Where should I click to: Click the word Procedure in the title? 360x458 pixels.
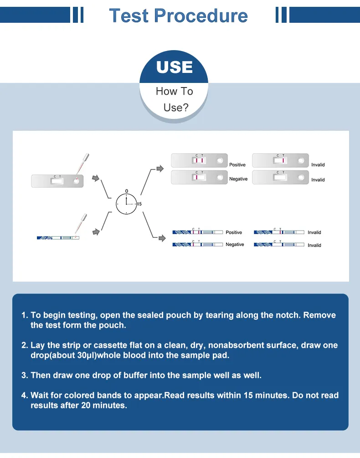pyautogui.click(x=201, y=15)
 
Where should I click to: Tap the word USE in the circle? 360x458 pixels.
pyautogui.click(x=175, y=67)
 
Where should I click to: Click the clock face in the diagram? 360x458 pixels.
pyautogui.click(x=126, y=204)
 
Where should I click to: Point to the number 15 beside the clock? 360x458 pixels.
pyautogui.click(x=139, y=204)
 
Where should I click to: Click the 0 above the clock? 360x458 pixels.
pyautogui.click(x=126, y=191)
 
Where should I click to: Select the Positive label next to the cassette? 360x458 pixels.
pyautogui.click(x=237, y=165)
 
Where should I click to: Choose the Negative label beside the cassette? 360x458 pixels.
pyautogui.click(x=238, y=179)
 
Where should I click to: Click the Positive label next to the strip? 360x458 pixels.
pyautogui.click(x=234, y=232)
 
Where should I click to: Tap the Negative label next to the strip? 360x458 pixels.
pyautogui.click(x=235, y=244)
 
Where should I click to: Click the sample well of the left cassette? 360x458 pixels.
pyautogui.click(x=76, y=181)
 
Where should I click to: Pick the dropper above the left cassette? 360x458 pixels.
pyautogui.click(x=82, y=165)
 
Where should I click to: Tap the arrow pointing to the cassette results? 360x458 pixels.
pyautogui.click(x=160, y=169)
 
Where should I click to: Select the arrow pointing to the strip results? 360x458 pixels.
pyautogui.click(x=162, y=238)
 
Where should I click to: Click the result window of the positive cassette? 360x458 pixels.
pyautogui.click(x=199, y=160)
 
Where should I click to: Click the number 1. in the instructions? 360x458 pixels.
pyautogui.click(x=25, y=315)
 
